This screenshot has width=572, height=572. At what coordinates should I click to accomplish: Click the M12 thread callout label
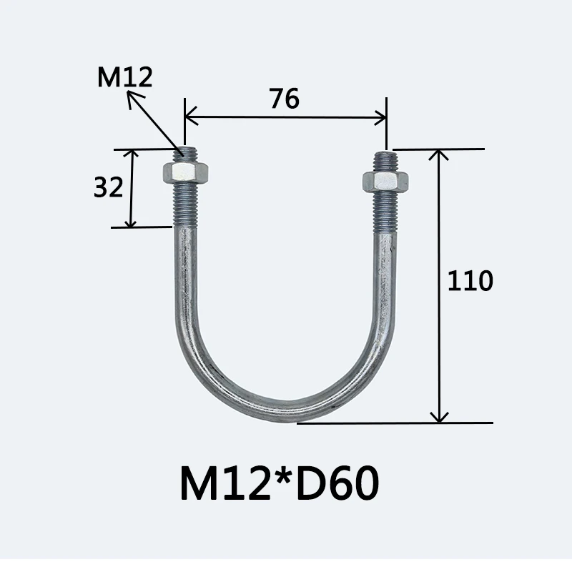124,77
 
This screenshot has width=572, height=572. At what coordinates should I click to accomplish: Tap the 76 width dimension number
285,99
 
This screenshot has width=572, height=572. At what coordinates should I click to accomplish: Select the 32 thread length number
109,187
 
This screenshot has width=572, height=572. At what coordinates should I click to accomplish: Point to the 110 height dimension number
470,280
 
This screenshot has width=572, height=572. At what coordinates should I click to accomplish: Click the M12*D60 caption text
280,483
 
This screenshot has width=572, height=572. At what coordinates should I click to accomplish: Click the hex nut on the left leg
185,172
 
